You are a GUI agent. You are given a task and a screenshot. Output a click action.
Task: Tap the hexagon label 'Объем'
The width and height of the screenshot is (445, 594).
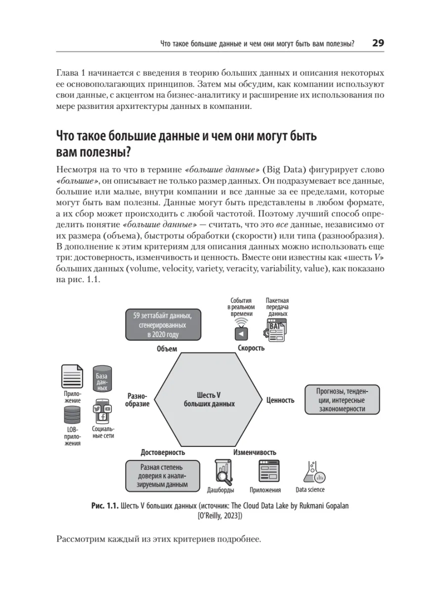coord(167,348)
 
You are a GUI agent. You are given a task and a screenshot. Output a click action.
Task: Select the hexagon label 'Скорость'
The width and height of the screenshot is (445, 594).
coord(251,347)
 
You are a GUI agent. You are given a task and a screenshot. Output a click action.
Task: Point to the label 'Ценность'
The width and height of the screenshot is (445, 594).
coord(280,400)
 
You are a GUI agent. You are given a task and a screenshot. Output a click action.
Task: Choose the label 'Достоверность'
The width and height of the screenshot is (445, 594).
coord(163,452)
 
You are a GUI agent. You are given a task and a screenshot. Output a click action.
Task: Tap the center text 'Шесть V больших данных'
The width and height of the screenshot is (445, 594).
coord(209,399)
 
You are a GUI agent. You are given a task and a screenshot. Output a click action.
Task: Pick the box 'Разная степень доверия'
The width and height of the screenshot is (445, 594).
coord(163,475)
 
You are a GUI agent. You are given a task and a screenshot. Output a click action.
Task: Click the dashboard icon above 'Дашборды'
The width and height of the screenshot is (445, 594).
coord(223,471)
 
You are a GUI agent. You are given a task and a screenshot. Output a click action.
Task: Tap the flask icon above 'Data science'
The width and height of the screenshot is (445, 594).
coord(313,471)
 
